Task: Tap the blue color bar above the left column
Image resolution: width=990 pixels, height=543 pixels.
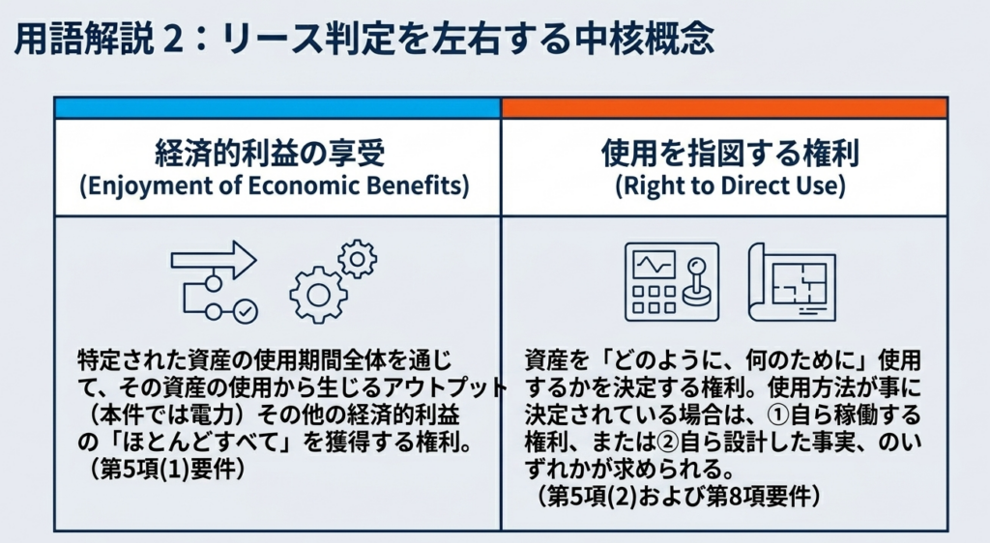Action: pyautogui.click(x=277, y=108)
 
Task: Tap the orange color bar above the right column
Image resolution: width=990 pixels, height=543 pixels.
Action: pyautogui.click(x=724, y=108)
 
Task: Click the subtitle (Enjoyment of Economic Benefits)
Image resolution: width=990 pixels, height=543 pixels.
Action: pyautogui.click(x=275, y=186)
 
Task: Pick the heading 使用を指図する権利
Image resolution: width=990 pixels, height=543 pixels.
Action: pyautogui.click(x=731, y=154)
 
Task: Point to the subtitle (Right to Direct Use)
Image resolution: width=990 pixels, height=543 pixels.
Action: pyautogui.click(x=731, y=186)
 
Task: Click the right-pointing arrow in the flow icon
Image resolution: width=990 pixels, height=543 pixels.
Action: pyautogui.click(x=214, y=260)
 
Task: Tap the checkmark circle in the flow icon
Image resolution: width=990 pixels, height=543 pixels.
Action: pyautogui.click(x=245, y=311)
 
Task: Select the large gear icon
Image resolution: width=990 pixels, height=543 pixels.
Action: pyautogui.click(x=318, y=295)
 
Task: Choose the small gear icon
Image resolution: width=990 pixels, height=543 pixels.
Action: pyautogui.click(x=358, y=259)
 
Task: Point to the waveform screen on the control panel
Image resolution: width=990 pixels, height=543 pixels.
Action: pyautogui.click(x=655, y=266)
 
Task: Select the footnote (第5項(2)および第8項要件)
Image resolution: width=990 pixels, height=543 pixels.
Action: pyautogui.click(x=680, y=497)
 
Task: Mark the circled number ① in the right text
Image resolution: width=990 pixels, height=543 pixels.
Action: pyautogui.click(x=778, y=414)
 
